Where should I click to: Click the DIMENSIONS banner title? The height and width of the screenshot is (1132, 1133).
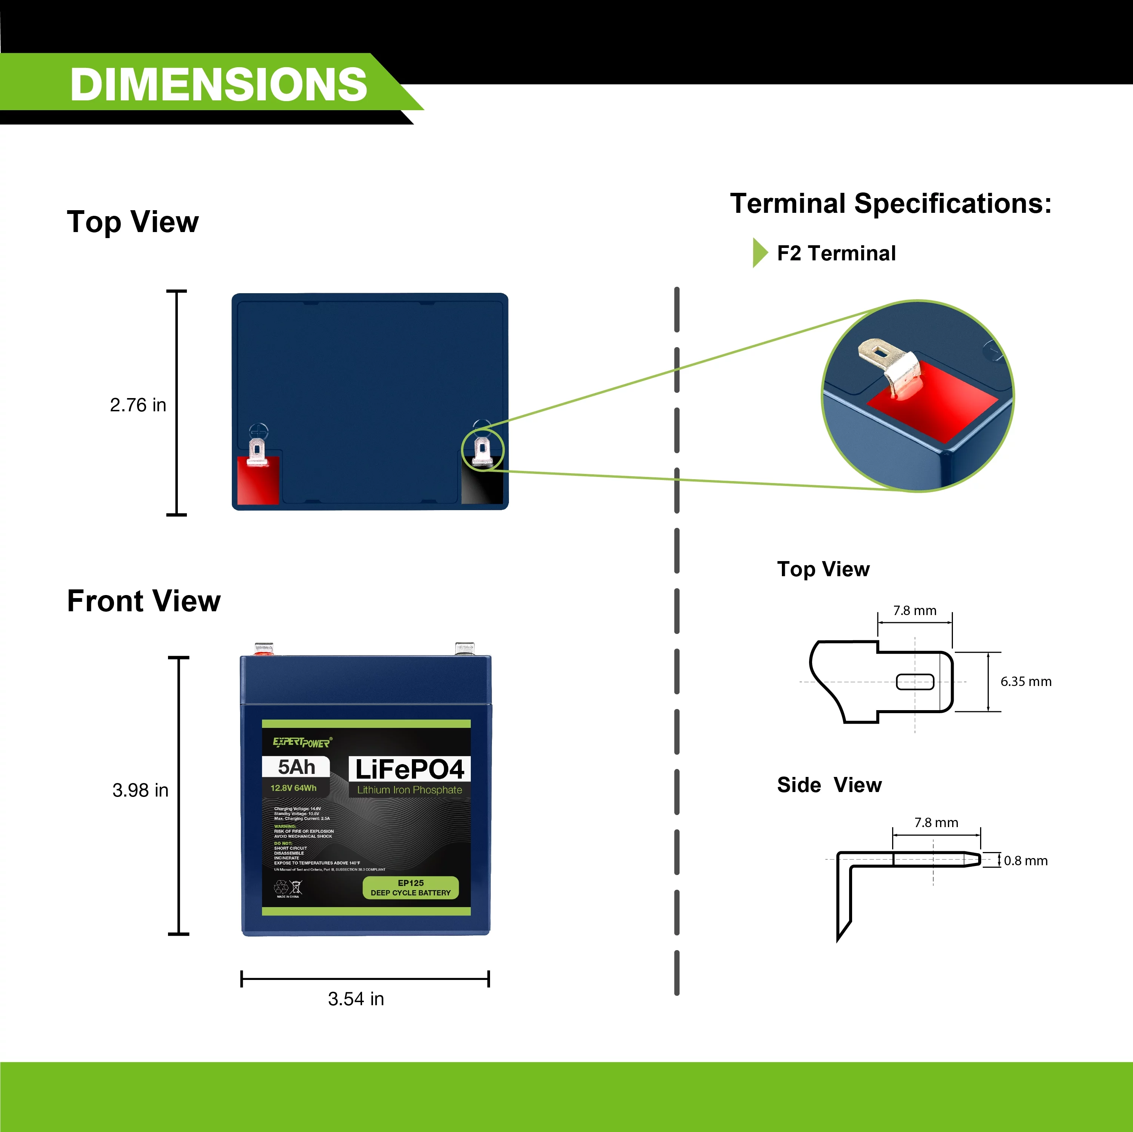[218, 85]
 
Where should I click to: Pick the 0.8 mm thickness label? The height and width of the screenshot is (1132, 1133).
[1026, 861]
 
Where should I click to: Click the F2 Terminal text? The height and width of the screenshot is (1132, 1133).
[836, 253]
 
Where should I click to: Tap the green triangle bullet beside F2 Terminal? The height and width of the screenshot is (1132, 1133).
[760, 253]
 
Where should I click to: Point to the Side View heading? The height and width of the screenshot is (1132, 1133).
[829, 785]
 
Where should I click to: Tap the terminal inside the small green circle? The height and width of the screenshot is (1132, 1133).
[482, 450]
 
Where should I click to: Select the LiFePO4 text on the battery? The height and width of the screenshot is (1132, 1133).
[409, 769]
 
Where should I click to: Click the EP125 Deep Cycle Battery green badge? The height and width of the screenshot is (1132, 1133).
[410, 887]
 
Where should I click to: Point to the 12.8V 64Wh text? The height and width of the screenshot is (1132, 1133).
[293, 788]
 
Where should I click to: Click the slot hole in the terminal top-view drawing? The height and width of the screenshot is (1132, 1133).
[915, 682]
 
